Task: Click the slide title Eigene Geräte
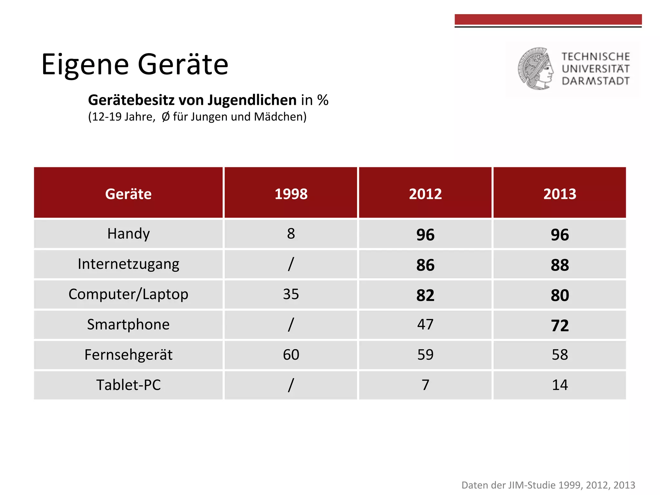135,64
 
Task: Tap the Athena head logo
536,69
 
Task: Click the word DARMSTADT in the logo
596,81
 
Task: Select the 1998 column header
291,194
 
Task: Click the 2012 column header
425,194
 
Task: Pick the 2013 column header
559,194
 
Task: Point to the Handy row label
128,234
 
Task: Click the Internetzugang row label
128,264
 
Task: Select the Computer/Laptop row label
128,294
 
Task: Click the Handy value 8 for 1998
291,234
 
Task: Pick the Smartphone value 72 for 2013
559,325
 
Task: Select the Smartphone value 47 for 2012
425,325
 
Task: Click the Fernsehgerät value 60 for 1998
291,355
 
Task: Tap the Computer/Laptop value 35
291,294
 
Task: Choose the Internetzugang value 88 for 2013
559,265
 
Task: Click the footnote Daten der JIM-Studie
548,485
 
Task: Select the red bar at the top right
548,19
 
